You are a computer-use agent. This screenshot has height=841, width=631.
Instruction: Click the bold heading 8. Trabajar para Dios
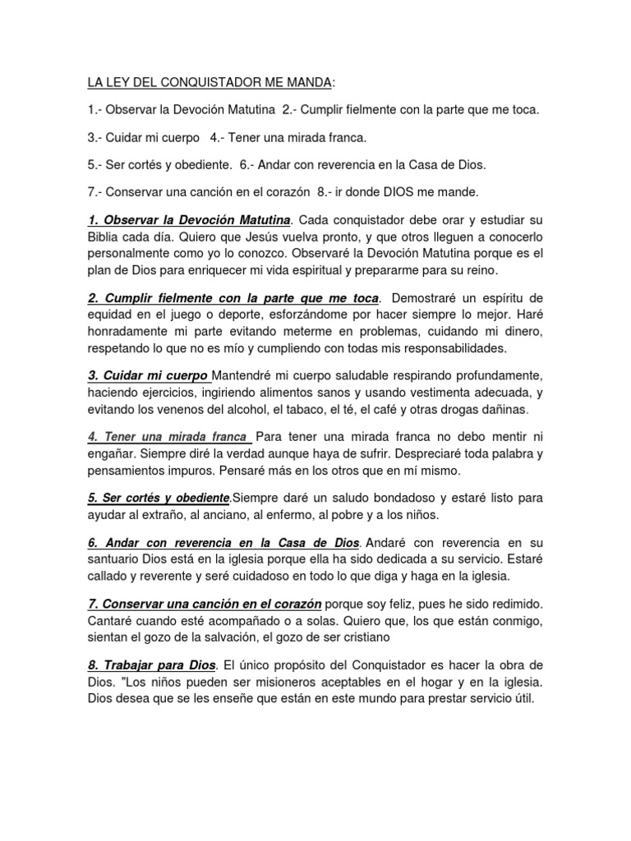coord(151,664)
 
